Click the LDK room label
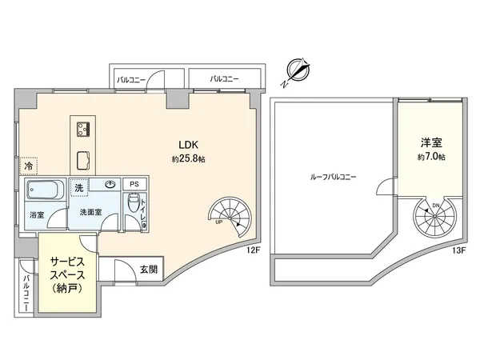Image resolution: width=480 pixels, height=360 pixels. [x=189, y=145]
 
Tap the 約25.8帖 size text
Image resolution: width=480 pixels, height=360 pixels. [x=189, y=159]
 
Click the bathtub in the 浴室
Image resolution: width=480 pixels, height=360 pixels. [x=44, y=192]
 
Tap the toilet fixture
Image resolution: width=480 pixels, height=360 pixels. [x=134, y=204]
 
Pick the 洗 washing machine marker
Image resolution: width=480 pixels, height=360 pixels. [x=79, y=187]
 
